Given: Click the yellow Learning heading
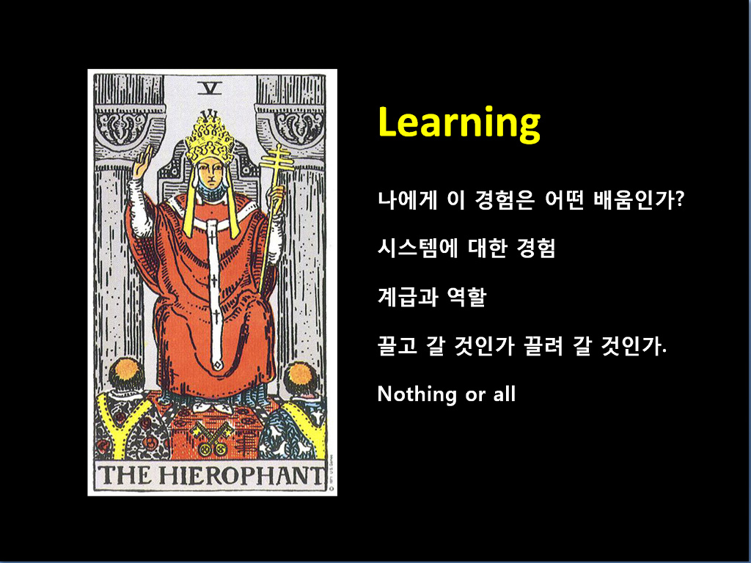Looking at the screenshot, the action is coord(459,123).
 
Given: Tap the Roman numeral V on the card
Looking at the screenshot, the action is coord(210,88).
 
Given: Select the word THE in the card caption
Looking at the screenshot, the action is coord(125,475).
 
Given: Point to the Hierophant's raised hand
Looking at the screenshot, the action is coord(143,162).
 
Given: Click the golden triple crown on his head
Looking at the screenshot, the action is coord(210,136).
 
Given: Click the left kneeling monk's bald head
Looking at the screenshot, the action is coord(126,372).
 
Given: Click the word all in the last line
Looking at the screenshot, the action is coord(505,394).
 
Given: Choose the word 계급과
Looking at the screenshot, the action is coord(408,297).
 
